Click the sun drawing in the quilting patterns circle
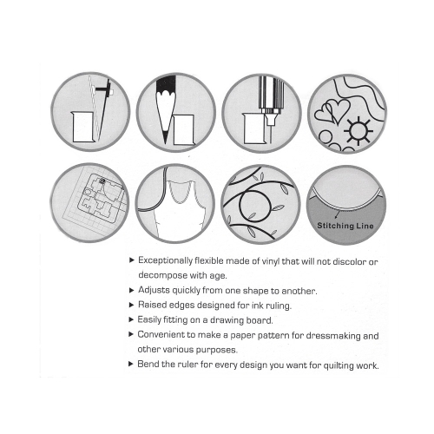[x=358, y=131]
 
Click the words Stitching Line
[x=345, y=226]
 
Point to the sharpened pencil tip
[x=165, y=137]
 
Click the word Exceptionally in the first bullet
[x=165, y=260]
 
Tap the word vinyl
[x=271, y=261]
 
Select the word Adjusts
[x=154, y=290]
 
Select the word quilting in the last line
[x=339, y=365]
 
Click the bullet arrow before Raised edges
[x=131, y=305]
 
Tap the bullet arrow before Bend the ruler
[x=131, y=364]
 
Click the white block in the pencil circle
[x=184, y=130]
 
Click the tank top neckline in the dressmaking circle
[x=181, y=193]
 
